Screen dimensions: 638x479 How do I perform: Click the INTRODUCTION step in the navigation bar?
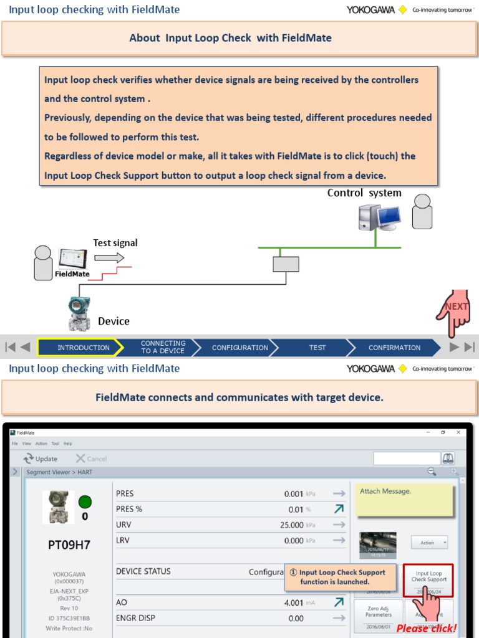tap(83, 348)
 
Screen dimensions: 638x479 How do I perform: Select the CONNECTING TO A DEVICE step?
tap(162, 347)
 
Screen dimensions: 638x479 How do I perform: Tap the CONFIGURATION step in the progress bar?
tap(239, 348)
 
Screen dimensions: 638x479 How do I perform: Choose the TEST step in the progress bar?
tap(317, 348)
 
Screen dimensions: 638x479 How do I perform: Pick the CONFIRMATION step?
tap(394, 348)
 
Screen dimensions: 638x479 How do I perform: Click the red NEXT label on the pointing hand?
tap(456, 307)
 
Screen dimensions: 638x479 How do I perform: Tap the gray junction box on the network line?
tap(286, 264)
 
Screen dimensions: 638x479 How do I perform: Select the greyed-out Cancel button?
tap(91, 459)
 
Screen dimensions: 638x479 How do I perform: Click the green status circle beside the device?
tap(85, 502)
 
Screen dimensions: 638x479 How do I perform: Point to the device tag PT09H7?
tap(69, 545)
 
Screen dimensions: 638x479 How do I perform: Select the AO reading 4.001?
tap(293, 602)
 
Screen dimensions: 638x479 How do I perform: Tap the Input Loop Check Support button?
tap(428, 576)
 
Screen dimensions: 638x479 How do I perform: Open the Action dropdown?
tap(429, 543)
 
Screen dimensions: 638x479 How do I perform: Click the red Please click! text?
tap(427, 629)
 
